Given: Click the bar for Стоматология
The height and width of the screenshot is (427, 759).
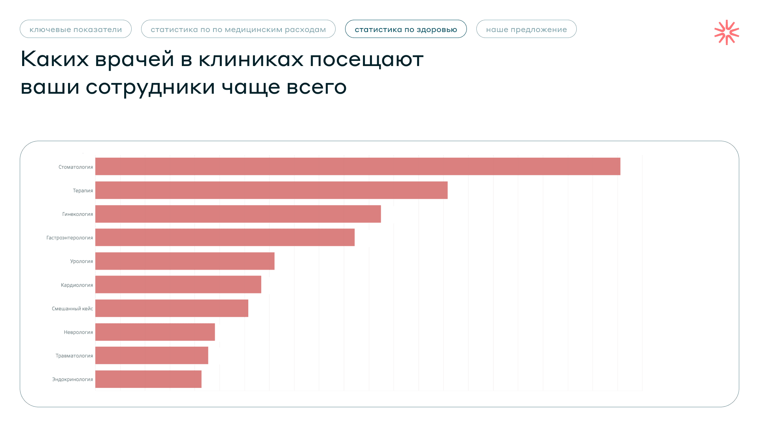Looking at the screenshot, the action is pyautogui.click(x=358, y=166).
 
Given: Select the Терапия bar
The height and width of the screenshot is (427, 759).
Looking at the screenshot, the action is pyautogui.click(x=271, y=190).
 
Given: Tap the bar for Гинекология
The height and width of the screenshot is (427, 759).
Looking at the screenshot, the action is pyautogui.click(x=238, y=214).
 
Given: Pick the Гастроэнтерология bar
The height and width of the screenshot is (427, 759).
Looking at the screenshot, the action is pyautogui.click(x=225, y=237).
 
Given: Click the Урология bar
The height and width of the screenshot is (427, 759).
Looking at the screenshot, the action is pyautogui.click(x=185, y=261).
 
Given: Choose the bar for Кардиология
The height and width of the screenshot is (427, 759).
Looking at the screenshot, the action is pyautogui.click(x=178, y=285).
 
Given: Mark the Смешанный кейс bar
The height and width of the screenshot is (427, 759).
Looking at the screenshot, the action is pyautogui.click(x=172, y=308).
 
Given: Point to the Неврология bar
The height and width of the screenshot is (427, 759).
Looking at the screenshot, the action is pyautogui.click(x=155, y=332).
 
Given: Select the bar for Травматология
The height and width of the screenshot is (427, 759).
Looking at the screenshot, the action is pyautogui.click(x=152, y=355).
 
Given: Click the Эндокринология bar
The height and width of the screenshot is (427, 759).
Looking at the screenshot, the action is pyautogui.click(x=148, y=379).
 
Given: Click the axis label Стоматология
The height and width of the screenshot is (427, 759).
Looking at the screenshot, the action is pyautogui.click(x=76, y=167).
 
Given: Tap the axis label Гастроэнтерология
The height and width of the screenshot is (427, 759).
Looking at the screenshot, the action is pyautogui.click(x=70, y=238).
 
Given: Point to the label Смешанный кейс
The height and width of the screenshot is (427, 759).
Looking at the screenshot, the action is pyautogui.click(x=72, y=308).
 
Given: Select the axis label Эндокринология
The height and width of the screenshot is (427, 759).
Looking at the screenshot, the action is pyautogui.click(x=73, y=380).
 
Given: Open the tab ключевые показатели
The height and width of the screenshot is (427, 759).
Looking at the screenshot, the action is pyautogui.click(x=76, y=29).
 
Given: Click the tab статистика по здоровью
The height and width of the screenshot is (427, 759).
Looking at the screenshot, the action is pyautogui.click(x=406, y=29).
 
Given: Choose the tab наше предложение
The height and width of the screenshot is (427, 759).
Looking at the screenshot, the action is pyautogui.click(x=527, y=29).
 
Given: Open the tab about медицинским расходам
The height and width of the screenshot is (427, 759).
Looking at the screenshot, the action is pyautogui.click(x=238, y=29).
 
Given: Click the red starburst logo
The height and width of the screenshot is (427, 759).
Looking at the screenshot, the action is pyautogui.click(x=727, y=32).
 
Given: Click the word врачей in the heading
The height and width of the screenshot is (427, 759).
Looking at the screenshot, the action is pyautogui.click(x=134, y=59).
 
